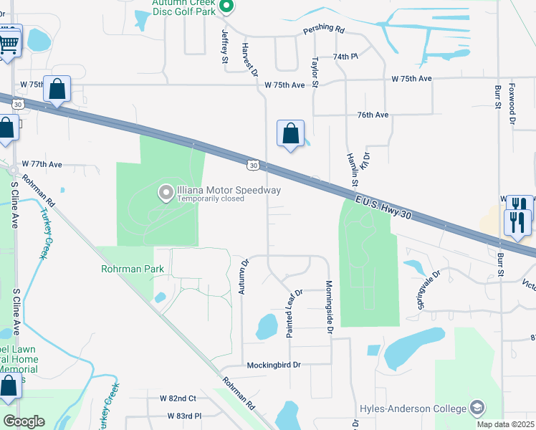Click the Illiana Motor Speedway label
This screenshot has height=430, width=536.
point(229,190)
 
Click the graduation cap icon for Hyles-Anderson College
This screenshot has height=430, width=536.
point(477,408)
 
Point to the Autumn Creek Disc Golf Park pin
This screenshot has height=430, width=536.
point(226,8)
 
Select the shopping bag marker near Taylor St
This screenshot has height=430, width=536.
point(290,134)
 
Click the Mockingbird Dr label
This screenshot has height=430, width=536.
point(273,365)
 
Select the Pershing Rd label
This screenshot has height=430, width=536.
point(324,31)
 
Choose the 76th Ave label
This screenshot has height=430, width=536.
point(373,115)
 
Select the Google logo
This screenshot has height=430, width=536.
point(24,421)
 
